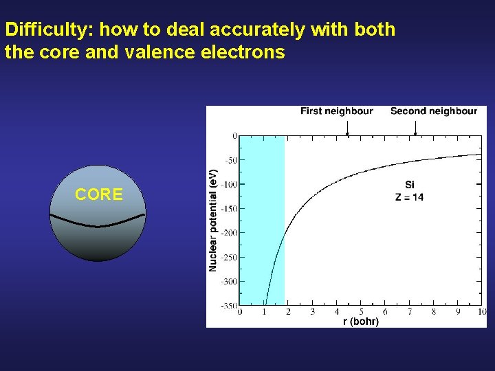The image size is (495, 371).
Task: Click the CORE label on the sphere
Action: [x=99, y=195]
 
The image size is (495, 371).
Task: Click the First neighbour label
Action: [x=337, y=111]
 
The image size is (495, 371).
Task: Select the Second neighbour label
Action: [x=433, y=111]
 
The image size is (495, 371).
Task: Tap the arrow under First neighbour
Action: [x=347, y=128]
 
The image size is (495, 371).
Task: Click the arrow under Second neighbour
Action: [x=415, y=128]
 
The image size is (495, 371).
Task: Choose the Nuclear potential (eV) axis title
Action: [x=213, y=220]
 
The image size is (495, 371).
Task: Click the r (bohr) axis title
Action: [x=360, y=321]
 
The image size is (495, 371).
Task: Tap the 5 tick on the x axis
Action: [x=361, y=312]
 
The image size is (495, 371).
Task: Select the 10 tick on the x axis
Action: [x=481, y=312]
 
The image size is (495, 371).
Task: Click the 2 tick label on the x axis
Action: [x=288, y=312]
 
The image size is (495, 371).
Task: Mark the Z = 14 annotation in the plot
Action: [x=409, y=197]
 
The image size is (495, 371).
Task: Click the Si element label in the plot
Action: [x=410, y=185]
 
